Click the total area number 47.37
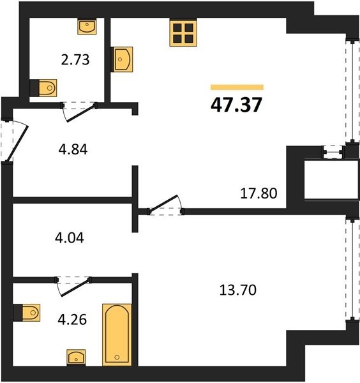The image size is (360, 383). [236, 105]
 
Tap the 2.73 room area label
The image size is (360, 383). [75, 60]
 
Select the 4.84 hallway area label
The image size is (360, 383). [73, 149]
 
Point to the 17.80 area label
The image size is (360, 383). [259, 193]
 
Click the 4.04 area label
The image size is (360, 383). [70, 237]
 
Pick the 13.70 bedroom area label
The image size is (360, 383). [238, 290]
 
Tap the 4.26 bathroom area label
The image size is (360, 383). [72, 320]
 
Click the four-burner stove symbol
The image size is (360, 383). [183, 33]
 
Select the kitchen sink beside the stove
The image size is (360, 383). [122, 59]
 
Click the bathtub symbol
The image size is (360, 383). [117, 334]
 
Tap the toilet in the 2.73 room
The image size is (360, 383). [43, 87]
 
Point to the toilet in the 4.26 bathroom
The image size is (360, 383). [27, 313]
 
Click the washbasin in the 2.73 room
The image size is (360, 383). [87, 27]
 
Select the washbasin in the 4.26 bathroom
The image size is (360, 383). [76, 357]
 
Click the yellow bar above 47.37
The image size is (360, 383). [237, 87]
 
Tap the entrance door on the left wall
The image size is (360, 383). [15, 140]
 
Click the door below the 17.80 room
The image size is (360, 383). [165, 205]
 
